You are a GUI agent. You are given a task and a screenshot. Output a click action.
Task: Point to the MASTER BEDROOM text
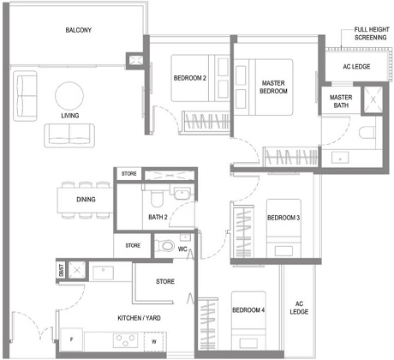273,87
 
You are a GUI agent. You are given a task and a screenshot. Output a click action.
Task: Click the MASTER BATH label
341,102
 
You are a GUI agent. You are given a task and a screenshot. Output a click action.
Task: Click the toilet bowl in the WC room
166,247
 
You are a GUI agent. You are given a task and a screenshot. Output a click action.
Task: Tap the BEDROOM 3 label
283,218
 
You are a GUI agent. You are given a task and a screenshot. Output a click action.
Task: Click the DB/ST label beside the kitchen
61,269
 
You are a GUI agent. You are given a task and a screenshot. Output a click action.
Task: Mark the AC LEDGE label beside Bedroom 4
300,308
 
